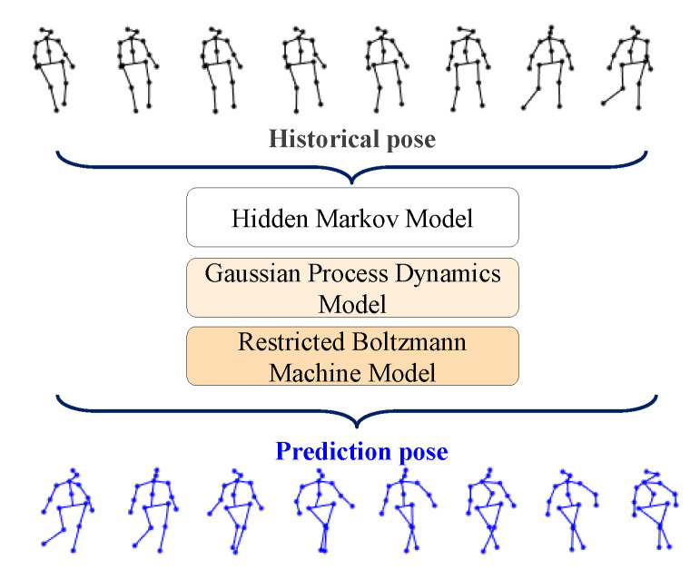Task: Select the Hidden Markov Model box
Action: (x=352, y=218)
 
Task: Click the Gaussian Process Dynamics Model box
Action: (x=352, y=287)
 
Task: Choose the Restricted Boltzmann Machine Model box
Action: (x=352, y=355)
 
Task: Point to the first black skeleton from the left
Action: (x=52, y=69)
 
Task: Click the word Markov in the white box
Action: (x=352, y=218)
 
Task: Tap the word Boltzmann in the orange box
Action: (x=395, y=343)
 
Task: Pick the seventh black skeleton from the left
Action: (x=545, y=67)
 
